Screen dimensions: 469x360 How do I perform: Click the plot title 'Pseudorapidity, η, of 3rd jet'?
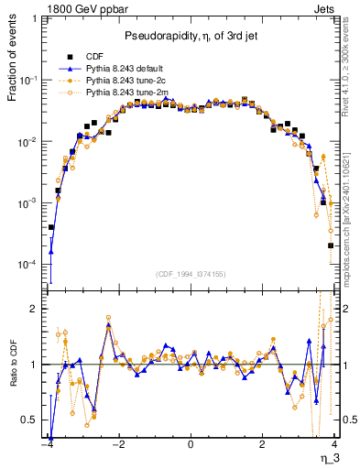coord(191,36)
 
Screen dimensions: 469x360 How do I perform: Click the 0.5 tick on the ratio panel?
coord(33,420)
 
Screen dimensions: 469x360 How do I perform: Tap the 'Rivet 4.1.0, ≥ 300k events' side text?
coord(348,73)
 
